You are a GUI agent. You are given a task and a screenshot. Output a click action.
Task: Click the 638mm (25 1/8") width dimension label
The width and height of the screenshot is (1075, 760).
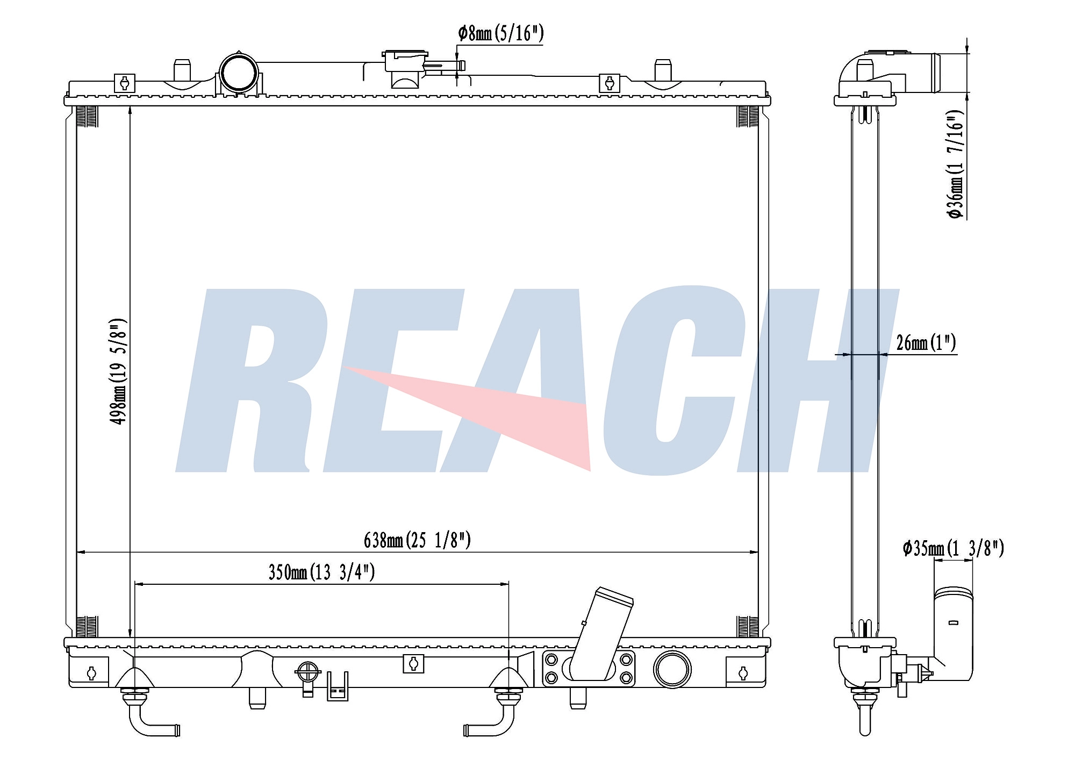tap(417, 540)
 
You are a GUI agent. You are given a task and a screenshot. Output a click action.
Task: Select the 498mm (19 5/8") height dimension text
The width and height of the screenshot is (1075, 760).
tap(119, 371)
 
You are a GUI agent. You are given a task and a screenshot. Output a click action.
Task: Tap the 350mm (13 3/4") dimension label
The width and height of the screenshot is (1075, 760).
tap(321, 572)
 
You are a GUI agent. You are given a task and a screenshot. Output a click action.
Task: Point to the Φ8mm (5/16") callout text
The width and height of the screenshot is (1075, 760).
tap(501, 33)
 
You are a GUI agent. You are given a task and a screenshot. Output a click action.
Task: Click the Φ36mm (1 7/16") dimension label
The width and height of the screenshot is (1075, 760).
tap(956, 165)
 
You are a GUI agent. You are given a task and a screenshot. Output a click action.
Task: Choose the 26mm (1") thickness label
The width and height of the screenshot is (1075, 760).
tap(926, 342)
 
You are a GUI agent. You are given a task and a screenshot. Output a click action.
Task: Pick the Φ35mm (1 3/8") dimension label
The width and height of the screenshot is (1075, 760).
tap(953, 549)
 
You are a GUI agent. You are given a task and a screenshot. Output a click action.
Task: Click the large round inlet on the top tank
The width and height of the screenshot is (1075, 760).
tap(239, 73)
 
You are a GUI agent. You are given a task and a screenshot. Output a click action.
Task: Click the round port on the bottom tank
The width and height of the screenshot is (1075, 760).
tap(672, 669)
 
